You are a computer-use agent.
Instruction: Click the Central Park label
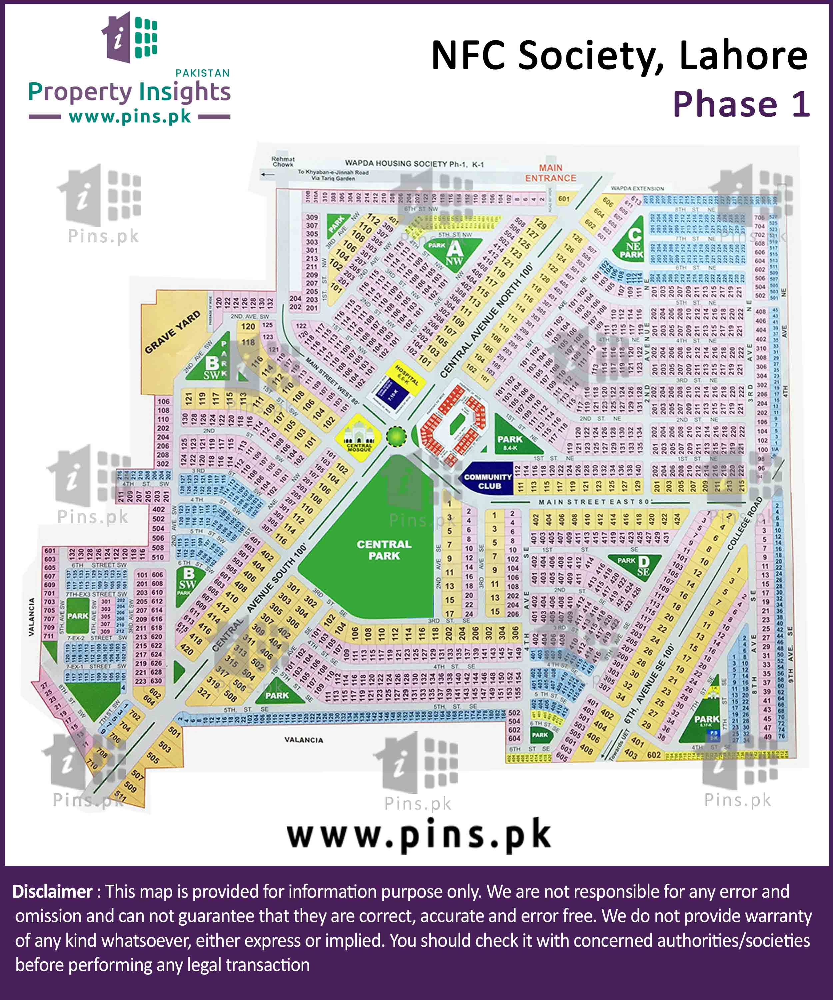pos(384,550)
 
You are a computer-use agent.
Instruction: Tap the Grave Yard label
pos(172,332)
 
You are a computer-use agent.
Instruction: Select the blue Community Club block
pos(488,481)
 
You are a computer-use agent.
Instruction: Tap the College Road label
pos(745,523)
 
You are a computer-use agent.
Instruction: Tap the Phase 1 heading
pos(741,104)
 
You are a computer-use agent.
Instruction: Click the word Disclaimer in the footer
pos(52,891)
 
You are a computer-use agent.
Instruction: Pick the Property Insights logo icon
pos(130,37)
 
